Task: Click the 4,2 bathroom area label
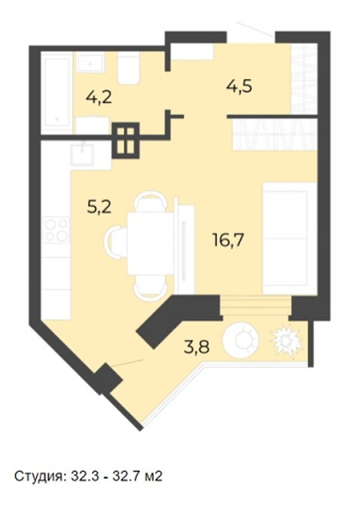[x=99, y=97]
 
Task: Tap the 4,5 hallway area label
[x=239, y=86]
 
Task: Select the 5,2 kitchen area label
[x=99, y=207]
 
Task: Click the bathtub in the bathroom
[x=58, y=93]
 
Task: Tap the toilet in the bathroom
[x=129, y=69]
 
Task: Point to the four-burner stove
[x=57, y=230]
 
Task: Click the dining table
[x=151, y=243]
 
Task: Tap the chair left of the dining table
[x=115, y=243]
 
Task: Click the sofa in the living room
[x=290, y=238]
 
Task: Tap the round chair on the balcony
[x=241, y=340]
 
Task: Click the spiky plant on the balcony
[x=286, y=340]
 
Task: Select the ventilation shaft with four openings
[x=126, y=140]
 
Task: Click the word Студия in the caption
[x=38, y=477]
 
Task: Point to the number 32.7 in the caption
[x=126, y=476]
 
